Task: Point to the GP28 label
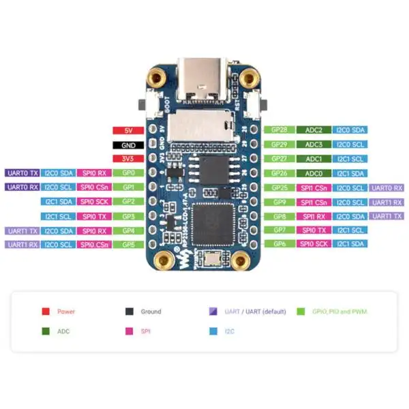click(279, 130)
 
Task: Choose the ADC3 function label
click(314, 145)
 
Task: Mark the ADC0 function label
click(314, 173)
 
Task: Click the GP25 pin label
click(279, 187)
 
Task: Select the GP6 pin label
click(279, 244)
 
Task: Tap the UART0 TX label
click(22, 173)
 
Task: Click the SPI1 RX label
click(314, 216)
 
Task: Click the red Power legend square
click(45, 312)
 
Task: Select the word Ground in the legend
click(151, 312)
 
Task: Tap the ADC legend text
click(63, 331)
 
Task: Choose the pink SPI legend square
click(129, 331)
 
